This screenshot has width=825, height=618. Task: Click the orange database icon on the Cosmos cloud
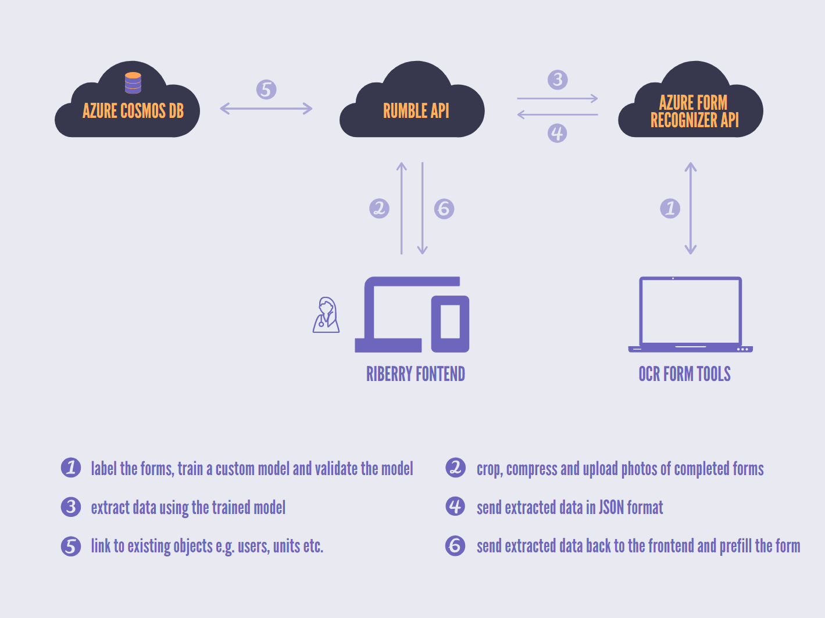[x=133, y=82]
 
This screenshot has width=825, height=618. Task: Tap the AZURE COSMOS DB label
[x=133, y=111]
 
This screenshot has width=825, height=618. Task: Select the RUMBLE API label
[x=416, y=111]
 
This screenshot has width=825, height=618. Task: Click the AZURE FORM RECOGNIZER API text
[x=694, y=111]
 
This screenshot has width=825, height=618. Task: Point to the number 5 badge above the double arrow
[x=266, y=89]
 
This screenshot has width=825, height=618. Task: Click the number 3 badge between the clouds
[x=558, y=80]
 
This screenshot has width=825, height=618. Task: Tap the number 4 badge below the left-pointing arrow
[x=557, y=133]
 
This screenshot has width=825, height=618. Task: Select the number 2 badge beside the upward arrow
[x=379, y=209]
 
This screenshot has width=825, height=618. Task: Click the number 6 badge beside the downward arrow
[x=444, y=209]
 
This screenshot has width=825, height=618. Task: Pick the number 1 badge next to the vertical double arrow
[x=670, y=209]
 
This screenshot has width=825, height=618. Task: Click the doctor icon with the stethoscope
[x=326, y=315]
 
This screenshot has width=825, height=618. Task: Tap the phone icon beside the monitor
[x=450, y=324]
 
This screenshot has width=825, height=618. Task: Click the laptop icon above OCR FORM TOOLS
[x=691, y=315]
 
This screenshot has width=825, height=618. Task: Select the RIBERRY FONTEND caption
[x=416, y=374]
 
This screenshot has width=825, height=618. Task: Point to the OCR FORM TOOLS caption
[x=684, y=374]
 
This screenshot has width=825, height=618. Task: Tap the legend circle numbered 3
[x=71, y=507]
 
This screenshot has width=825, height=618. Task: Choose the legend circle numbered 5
[x=71, y=547]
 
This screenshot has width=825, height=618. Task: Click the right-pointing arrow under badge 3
[x=558, y=98]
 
